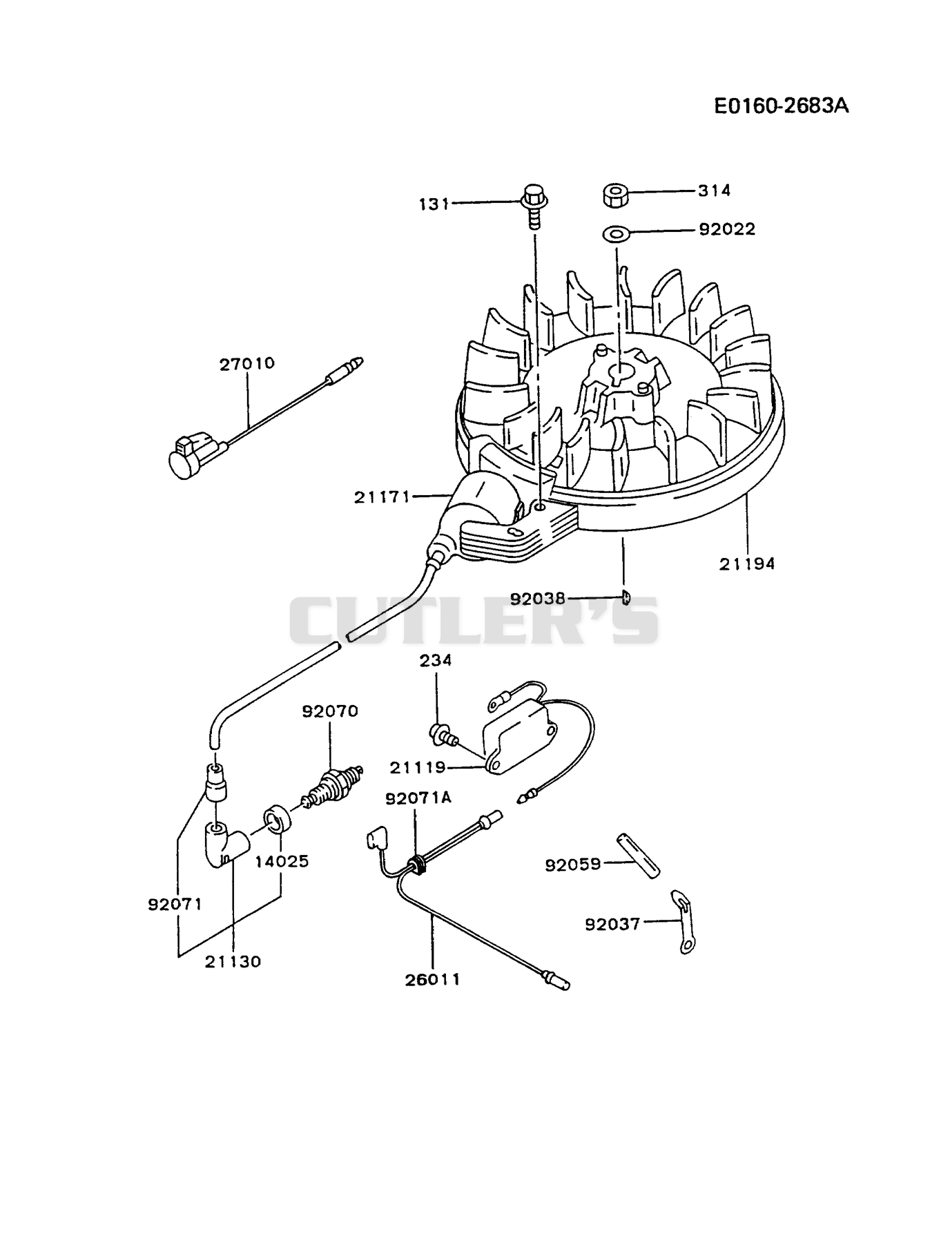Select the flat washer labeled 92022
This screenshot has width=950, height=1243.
point(616,233)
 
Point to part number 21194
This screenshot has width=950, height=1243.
point(747,563)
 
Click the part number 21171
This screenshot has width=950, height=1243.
point(382,497)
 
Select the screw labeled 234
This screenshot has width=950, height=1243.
point(443,733)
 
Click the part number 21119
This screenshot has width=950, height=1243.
point(418,767)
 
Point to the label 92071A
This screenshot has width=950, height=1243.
point(418,798)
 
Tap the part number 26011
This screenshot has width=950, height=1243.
point(433,979)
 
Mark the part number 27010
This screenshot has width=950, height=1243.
point(247,363)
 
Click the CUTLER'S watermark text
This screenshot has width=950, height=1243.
point(474,619)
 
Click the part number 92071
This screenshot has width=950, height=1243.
point(175,904)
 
